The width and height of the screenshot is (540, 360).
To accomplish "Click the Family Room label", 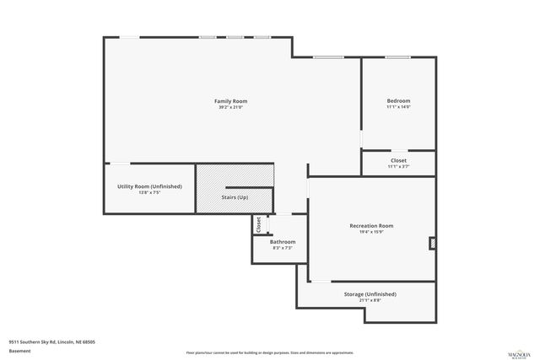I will click(230, 101).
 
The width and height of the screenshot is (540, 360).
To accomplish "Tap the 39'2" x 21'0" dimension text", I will click(230, 107).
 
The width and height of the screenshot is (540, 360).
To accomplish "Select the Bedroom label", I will click(398, 101).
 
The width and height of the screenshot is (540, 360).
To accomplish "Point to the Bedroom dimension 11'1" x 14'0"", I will click(398, 107).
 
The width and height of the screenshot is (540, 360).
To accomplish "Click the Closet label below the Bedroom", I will click(398, 160).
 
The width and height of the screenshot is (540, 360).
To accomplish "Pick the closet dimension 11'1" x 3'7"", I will click(398, 166).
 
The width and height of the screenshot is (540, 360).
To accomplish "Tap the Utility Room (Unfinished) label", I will click(149, 186).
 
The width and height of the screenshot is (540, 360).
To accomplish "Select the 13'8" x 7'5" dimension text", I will click(149, 192).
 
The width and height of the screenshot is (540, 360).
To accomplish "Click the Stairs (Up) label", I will click(235, 197).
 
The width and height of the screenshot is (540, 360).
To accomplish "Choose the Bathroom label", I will click(283, 242).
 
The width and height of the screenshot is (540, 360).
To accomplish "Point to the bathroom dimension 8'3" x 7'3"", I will click(283, 248).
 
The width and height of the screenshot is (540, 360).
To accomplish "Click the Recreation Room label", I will click(371, 225).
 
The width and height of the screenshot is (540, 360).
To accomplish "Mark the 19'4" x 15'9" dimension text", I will click(371, 231).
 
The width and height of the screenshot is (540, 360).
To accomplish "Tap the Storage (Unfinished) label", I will click(370, 294).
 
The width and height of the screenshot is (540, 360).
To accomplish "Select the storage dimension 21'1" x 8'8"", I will click(370, 300).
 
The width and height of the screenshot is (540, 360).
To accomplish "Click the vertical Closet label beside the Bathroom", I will click(259, 224).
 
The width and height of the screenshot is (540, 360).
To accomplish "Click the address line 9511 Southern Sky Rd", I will click(51, 342).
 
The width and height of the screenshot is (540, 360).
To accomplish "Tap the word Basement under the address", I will click(19, 351).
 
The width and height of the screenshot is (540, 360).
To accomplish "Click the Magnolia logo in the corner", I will click(516, 350).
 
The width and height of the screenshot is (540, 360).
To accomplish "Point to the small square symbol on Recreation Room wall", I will click(433, 244).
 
